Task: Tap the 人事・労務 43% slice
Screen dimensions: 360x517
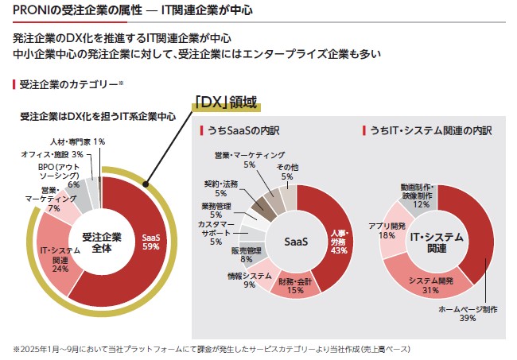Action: point(338,241)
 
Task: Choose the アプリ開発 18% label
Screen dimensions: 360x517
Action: point(387,230)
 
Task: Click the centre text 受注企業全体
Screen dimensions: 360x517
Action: point(101,241)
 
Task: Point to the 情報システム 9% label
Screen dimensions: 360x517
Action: point(250,280)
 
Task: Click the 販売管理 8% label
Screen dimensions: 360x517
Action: point(247,254)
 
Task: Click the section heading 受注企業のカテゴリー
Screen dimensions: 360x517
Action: point(70,83)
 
